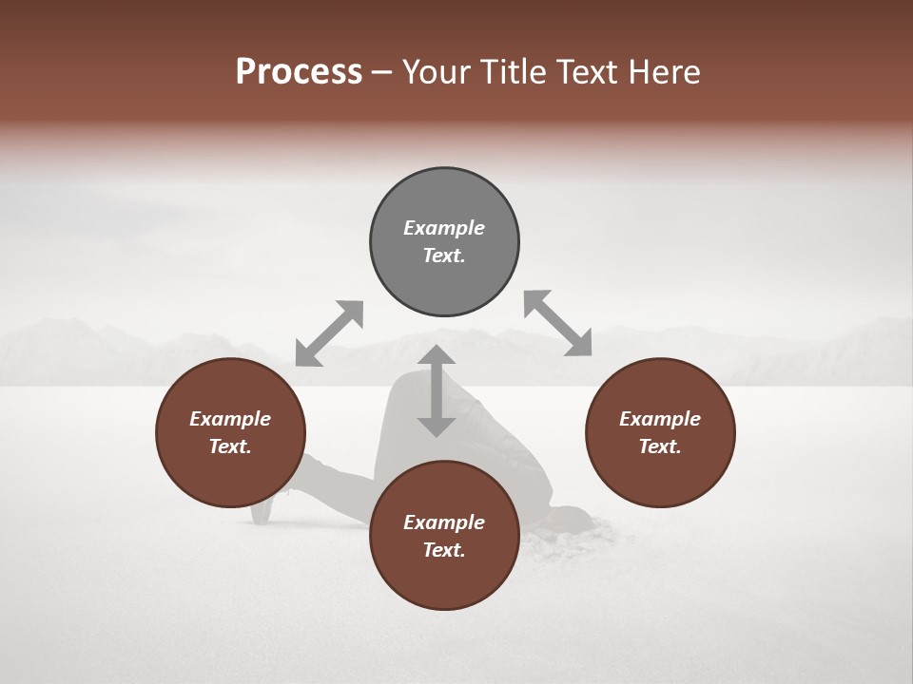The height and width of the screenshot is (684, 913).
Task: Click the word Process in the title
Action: coord(299,72)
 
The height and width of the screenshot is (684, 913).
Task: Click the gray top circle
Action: coord(444,241)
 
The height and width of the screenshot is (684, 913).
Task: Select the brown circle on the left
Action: coord(230,432)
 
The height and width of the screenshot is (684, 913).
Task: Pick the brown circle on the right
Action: coord(660,432)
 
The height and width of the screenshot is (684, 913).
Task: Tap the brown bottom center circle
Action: coord(444,536)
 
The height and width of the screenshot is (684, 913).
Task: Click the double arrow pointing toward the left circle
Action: coord(329,333)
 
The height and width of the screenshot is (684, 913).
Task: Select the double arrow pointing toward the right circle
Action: coord(557,323)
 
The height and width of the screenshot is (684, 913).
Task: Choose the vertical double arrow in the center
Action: coord(437,390)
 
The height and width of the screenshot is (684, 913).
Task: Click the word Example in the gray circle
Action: coord(444,228)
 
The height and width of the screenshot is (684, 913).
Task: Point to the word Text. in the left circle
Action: coord(230,446)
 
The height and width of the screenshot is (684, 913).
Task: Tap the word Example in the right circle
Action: coord(660,419)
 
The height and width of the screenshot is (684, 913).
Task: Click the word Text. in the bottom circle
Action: coord(444,550)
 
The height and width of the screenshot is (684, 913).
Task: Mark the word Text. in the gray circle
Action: coord(444,256)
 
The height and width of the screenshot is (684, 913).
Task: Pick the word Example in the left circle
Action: coord(230,419)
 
